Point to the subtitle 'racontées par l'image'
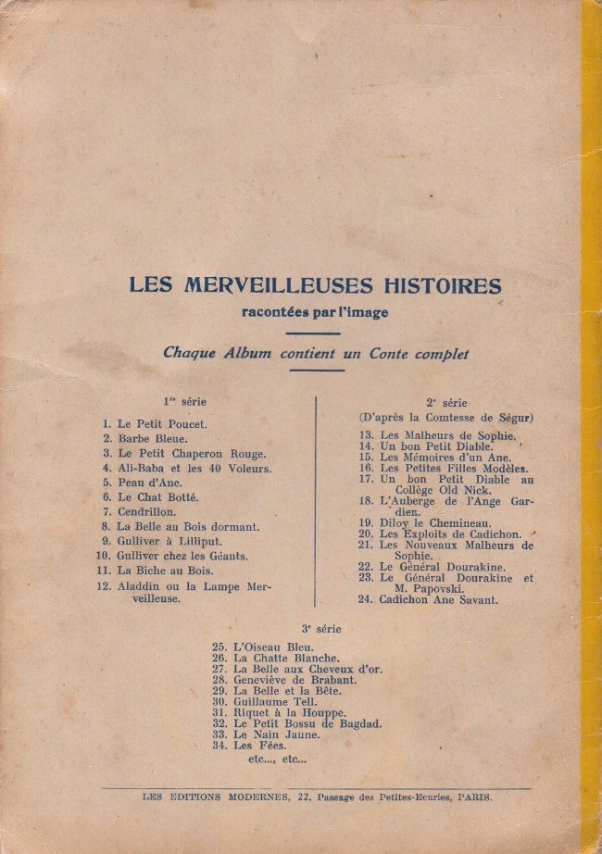[x=314, y=312]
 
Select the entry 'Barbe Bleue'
[x=153, y=438]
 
